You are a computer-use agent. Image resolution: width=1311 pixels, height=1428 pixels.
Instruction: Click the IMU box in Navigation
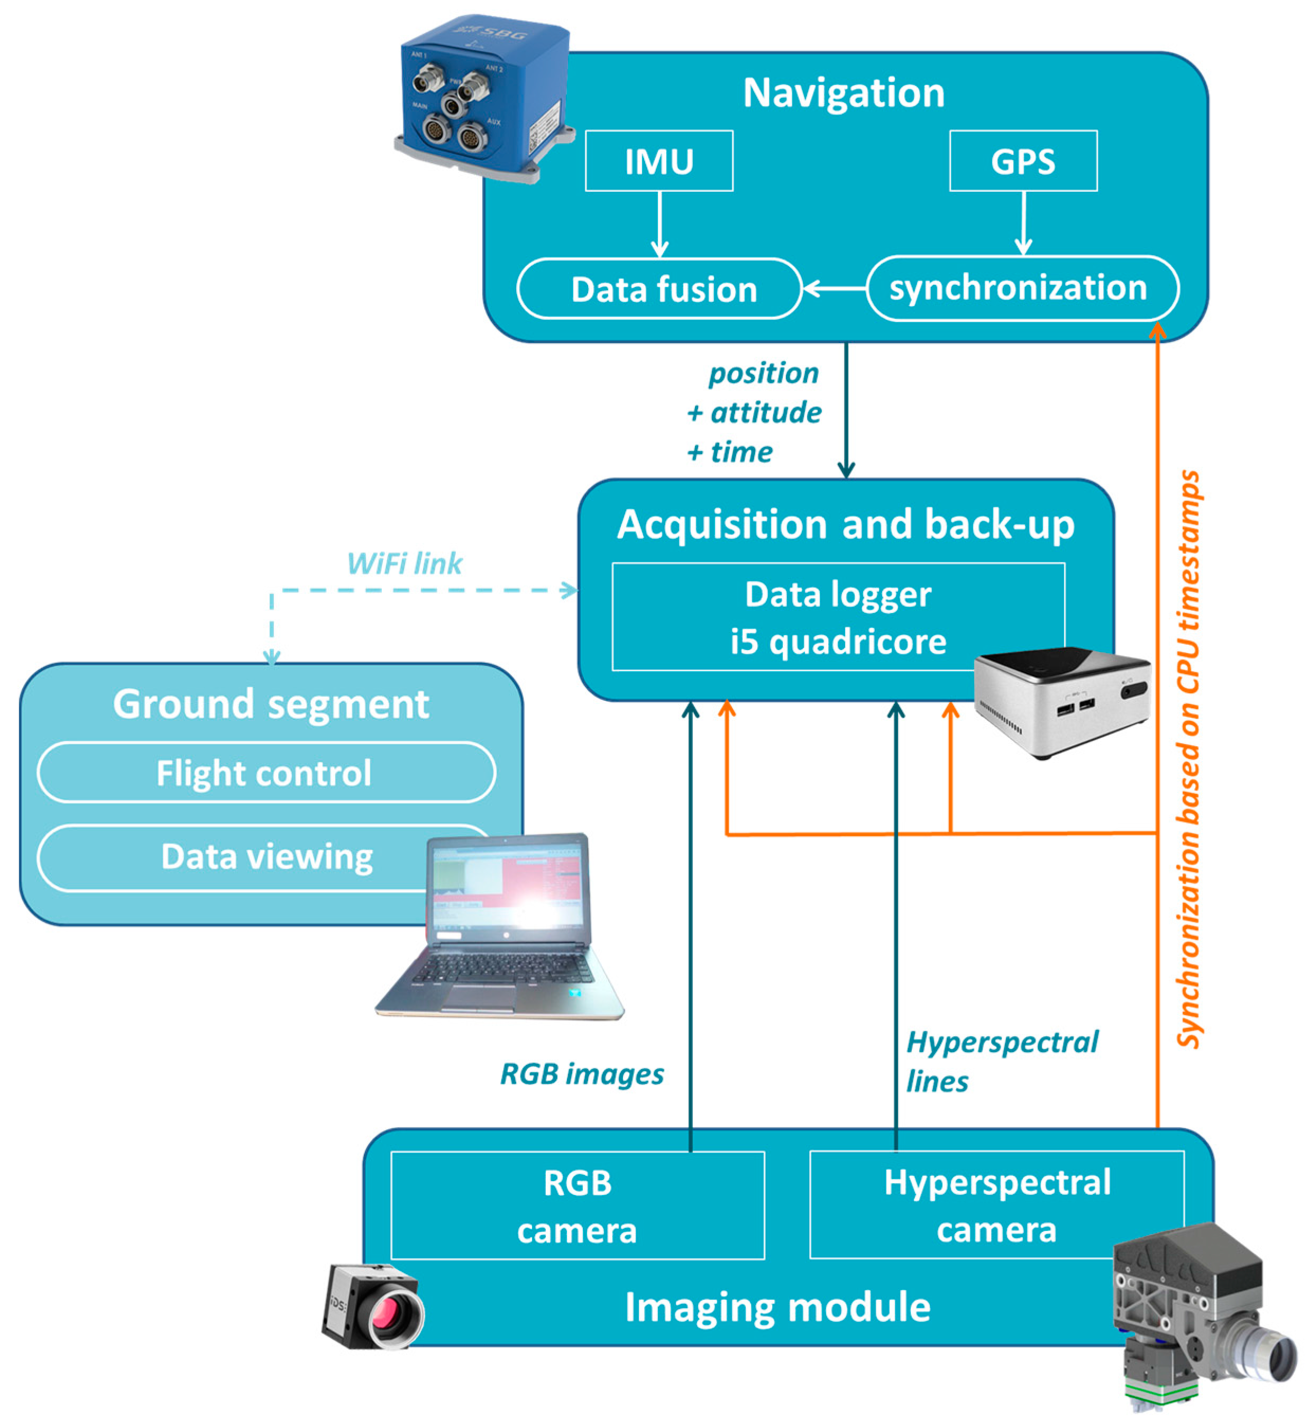coord(658,161)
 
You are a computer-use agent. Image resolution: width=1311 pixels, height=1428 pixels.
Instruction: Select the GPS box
coord(1023,161)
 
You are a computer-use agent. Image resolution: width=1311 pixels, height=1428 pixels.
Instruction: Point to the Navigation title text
coord(844,93)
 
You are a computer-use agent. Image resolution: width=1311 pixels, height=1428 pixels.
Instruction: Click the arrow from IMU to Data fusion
coord(660,224)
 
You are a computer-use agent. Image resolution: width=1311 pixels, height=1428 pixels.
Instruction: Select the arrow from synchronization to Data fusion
coord(835,289)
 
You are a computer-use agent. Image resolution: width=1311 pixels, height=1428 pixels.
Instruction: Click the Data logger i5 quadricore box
coord(838,616)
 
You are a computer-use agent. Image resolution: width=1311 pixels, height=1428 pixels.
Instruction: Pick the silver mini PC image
coord(1062,701)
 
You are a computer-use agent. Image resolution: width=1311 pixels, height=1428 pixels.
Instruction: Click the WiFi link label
coord(405,564)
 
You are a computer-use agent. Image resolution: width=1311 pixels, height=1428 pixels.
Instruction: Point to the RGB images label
coord(582,1073)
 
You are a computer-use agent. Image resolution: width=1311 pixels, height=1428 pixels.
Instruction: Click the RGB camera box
coord(577,1206)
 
